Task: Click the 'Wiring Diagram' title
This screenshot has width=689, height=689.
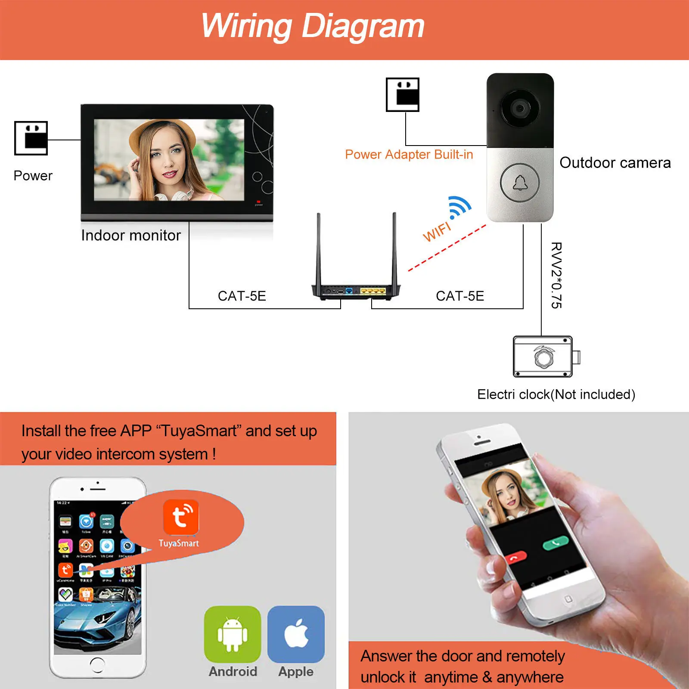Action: (x=313, y=26)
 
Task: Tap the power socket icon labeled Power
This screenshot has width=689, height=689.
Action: (x=31, y=138)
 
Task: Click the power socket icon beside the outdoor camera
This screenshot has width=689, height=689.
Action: (x=403, y=94)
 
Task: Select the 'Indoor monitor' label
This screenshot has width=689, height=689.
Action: (x=131, y=236)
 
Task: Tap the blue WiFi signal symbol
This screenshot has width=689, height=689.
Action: (x=459, y=207)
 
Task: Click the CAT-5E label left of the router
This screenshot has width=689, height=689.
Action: (x=242, y=296)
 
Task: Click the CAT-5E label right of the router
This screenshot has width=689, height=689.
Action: (x=460, y=296)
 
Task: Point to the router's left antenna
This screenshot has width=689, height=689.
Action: (x=319, y=250)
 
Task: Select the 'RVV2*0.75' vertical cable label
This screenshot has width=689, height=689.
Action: (x=556, y=275)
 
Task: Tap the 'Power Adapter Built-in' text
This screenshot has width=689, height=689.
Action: (x=409, y=155)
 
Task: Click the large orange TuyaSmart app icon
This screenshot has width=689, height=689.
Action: (x=181, y=517)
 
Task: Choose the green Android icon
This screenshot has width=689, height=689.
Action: (x=233, y=634)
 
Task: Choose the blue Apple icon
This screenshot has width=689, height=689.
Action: (x=296, y=634)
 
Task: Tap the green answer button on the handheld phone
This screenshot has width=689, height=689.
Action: (x=556, y=543)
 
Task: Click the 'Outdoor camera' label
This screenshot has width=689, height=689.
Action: (x=615, y=163)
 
